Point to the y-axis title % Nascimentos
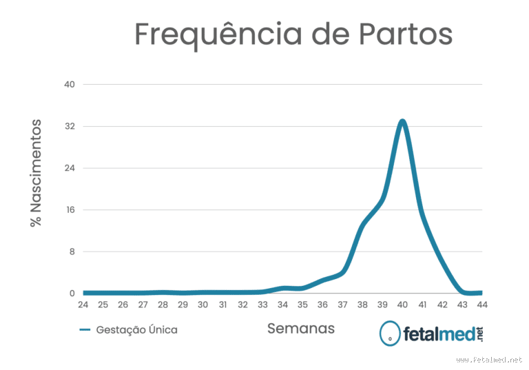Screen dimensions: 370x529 [x=36, y=174]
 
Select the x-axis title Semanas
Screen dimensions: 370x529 [x=301, y=329]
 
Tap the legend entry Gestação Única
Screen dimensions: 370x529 [x=136, y=330]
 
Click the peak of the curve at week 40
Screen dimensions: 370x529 [x=402, y=122]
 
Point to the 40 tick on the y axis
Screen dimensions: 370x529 [x=69, y=85]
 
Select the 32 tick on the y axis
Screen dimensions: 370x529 [x=69, y=127]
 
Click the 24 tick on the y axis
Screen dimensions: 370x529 [x=69, y=168]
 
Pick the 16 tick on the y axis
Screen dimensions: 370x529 [x=69, y=210]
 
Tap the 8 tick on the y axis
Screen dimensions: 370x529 [x=71, y=251]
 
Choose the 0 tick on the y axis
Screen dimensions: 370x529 [x=71, y=294]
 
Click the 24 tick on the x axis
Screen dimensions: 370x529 [x=83, y=305]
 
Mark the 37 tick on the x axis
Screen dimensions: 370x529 [x=342, y=305]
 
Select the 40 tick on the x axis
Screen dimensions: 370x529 [x=402, y=305]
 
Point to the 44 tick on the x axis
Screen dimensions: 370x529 [x=482, y=305]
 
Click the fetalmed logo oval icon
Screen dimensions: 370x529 [x=391, y=334]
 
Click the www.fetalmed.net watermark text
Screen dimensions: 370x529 [x=489, y=360]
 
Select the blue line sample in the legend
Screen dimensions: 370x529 [x=85, y=330]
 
